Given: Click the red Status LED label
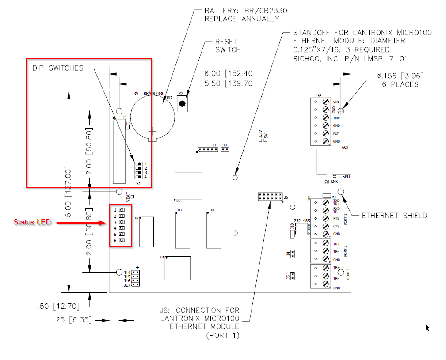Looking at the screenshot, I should click(x=32, y=222).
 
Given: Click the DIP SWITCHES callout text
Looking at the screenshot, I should click(x=57, y=68).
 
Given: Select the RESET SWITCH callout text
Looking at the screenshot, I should click(x=228, y=45).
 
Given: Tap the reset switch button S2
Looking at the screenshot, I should click(x=182, y=104).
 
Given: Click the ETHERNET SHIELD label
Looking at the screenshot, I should click(x=394, y=216).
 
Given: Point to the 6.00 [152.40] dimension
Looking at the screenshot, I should click(x=230, y=73).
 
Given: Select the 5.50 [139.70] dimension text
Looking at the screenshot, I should click(x=230, y=83).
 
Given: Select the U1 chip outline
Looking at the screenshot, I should click(x=189, y=186).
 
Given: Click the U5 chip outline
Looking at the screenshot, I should click(x=178, y=268).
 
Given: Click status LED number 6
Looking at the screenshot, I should click(x=122, y=240).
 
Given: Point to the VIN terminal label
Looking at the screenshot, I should click(x=336, y=102).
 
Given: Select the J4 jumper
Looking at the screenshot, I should click(x=293, y=254).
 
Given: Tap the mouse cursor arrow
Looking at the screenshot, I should click(x=427, y=327).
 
